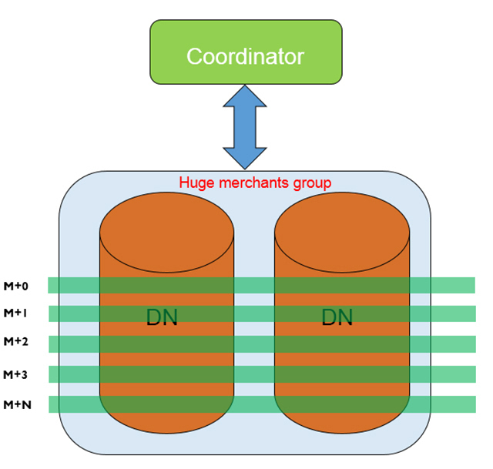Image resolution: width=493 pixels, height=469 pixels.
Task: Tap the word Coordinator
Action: tap(246, 56)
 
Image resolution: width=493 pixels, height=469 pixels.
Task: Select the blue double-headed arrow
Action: tap(246, 127)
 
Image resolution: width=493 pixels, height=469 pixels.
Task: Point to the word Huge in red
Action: tap(195, 183)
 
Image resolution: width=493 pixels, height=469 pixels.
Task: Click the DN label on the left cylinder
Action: tap(162, 317)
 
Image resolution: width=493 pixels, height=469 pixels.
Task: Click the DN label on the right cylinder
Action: tap(337, 317)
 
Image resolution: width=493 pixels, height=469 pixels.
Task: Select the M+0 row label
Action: tap(16, 286)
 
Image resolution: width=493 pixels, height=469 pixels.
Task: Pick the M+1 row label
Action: tap(16, 313)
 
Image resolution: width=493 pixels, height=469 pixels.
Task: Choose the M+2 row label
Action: tap(16, 342)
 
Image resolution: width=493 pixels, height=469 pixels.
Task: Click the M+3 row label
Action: tap(16, 374)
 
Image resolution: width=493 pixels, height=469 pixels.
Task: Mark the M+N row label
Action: tap(16, 404)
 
